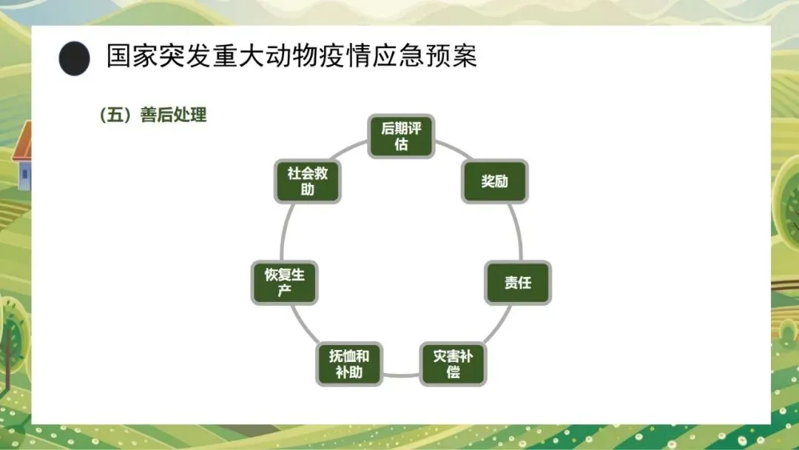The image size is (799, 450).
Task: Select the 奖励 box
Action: pos(495,181)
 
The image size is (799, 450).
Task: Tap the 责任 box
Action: pos(518,282)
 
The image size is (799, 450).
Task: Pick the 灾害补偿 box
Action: pos(453,363)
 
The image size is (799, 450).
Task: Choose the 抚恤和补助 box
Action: pos(349,363)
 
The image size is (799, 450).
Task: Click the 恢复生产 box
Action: pos(285,282)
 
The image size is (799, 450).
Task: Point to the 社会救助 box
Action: pos(308,181)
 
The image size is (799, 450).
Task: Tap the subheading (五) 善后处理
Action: pos(152,115)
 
